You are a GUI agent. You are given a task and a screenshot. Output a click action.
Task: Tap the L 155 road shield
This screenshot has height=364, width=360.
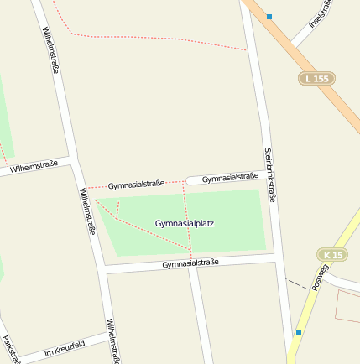(x=317, y=78)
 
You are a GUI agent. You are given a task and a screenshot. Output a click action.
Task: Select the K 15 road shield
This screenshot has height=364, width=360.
(x=331, y=254)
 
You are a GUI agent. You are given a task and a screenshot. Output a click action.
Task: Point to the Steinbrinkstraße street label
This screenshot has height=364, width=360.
(x=269, y=174)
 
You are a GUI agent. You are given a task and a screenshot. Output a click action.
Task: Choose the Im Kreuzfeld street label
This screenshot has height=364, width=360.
(x=65, y=347)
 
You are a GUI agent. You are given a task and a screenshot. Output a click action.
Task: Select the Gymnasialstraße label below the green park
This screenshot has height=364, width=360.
(x=190, y=263)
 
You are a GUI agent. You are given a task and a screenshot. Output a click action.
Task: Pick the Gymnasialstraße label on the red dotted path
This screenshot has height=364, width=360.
(x=136, y=184)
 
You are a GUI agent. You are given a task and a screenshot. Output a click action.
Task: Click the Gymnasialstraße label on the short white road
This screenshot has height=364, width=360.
(x=230, y=177)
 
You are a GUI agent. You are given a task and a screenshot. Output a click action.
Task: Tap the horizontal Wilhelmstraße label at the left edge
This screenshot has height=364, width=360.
(x=34, y=167)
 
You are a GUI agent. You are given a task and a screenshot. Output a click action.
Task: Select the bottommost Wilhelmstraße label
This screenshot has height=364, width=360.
(x=112, y=341)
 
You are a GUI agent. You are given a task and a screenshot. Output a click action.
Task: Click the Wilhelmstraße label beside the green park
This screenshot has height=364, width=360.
(x=87, y=211)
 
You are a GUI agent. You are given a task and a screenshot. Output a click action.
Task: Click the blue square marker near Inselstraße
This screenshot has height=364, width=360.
(x=269, y=17)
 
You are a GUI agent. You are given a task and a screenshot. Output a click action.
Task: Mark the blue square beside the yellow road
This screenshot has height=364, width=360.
(x=298, y=333)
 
